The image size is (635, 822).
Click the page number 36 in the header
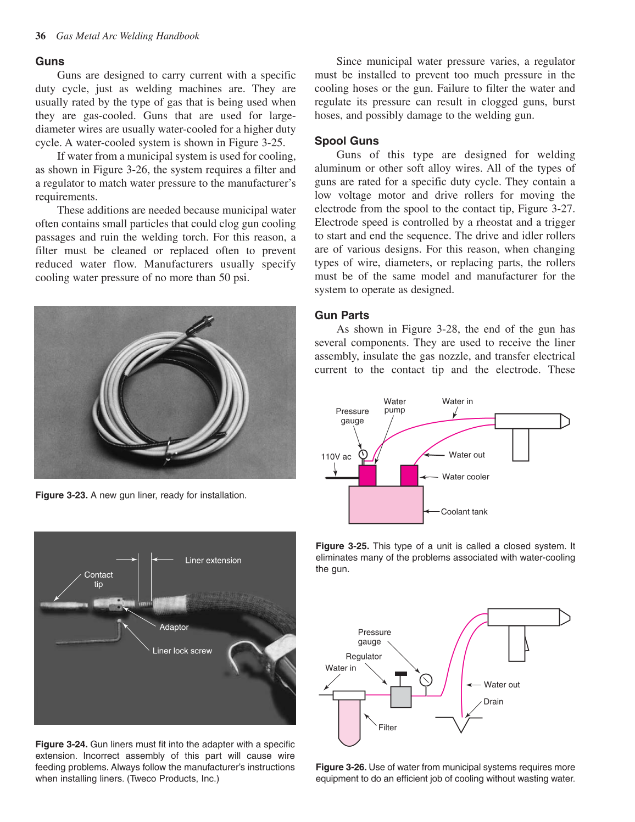point(40,36)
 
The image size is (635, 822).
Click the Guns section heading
point(50,61)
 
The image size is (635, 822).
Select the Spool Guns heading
point(347,141)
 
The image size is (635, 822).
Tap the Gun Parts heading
point(342,315)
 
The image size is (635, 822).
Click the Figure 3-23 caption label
point(61,495)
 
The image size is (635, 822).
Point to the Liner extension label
point(213,561)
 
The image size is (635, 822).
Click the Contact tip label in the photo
point(98,579)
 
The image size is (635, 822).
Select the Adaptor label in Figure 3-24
point(174,627)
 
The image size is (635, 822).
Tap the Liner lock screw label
point(182,651)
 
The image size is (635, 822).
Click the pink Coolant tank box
point(386,505)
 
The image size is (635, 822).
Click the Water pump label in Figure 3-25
point(394,406)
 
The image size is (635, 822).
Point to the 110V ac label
point(336,457)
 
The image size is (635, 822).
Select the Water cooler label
point(465,477)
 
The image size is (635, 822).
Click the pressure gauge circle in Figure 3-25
point(363,454)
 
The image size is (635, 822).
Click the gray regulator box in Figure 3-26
point(401,696)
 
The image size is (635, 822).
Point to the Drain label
point(493,702)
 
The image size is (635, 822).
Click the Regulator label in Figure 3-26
point(363,657)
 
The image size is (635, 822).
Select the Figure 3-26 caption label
point(341,768)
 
